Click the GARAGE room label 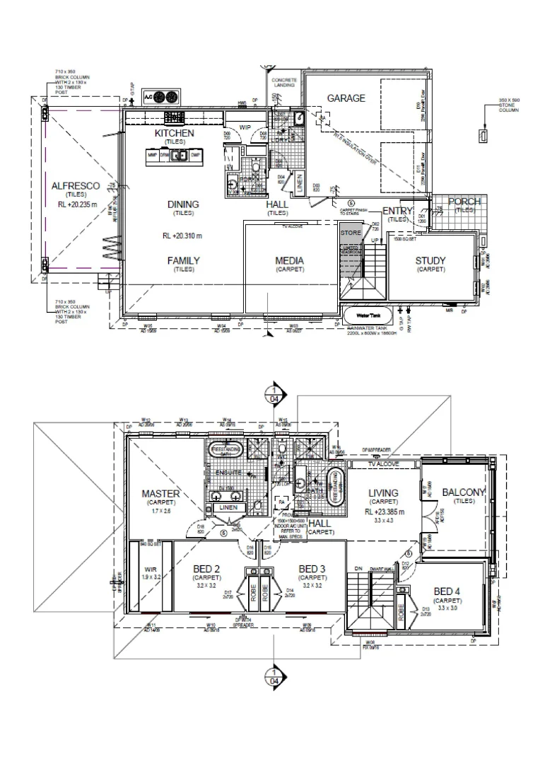pos(346,98)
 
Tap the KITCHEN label pos(174,133)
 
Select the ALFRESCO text pos(76,185)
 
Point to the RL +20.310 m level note pos(182,236)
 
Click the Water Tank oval pos(363,315)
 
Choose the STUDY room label pos(430,261)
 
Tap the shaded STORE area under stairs pos(351,232)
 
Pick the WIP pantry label pos(245,127)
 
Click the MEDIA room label pos(289,261)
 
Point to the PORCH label pos(464,202)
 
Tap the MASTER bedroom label pos(160,493)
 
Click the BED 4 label pos(447,591)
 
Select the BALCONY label pos(463,492)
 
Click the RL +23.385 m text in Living pos(382,511)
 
